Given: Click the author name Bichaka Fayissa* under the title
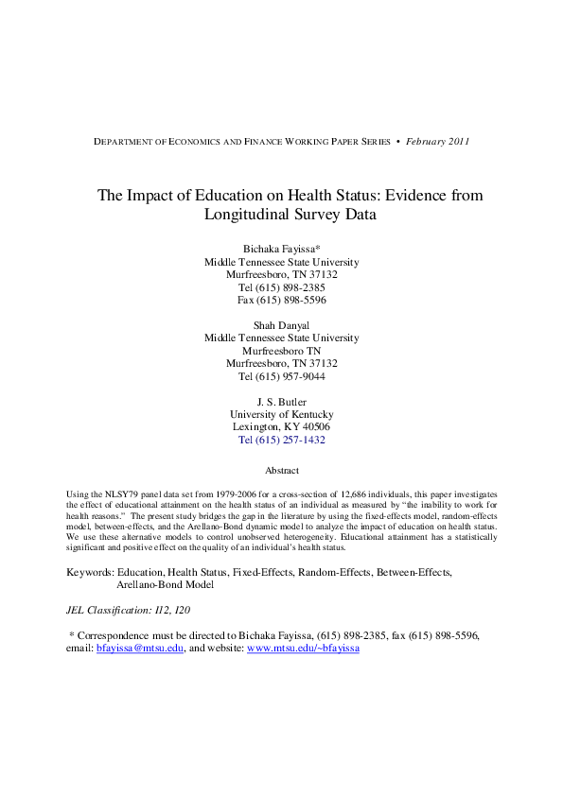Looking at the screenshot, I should tap(281, 249).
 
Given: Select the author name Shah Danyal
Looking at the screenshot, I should tap(281, 324).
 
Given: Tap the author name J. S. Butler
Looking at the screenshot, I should tap(281, 401).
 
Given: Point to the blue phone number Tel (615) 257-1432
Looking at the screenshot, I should tap(281, 440).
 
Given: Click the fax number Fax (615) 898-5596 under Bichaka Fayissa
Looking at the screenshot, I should tap(281, 300).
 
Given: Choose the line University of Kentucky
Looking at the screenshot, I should tap(281, 414).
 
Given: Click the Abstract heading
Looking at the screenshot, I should tap(281, 470).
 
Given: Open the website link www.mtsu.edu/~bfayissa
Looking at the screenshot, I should tap(303, 649).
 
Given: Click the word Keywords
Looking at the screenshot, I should tap(89, 572).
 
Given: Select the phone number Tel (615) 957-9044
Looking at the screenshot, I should tap(281, 376).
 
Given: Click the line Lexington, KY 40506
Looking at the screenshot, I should tap(281, 427).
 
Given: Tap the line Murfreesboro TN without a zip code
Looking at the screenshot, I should tap(281, 351).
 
